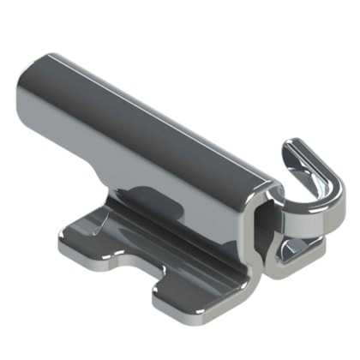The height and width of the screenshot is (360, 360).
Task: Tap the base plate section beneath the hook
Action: (x=296, y=257)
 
